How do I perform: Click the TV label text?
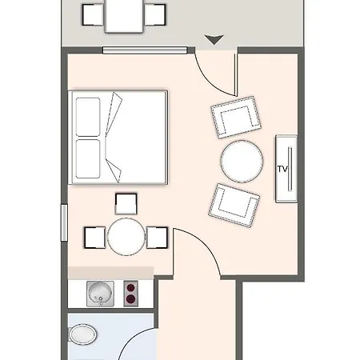click(x=282, y=169)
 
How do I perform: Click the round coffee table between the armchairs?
click(x=242, y=161)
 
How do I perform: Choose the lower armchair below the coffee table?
click(x=235, y=204)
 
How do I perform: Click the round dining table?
click(x=126, y=238)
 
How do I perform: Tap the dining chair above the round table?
click(x=126, y=205)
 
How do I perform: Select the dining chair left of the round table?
click(x=95, y=238)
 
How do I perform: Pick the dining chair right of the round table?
click(x=157, y=238)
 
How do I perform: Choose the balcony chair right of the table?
click(x=158, y=14)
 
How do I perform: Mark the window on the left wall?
click(x=62, y=224)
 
